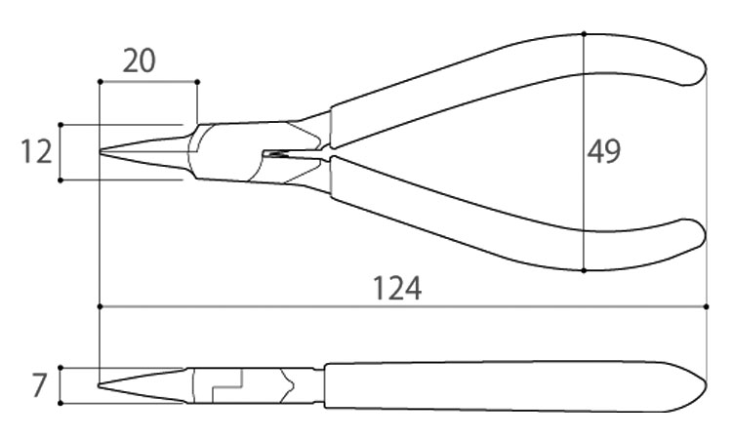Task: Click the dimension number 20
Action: coord(139,61)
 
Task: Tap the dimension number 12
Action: coord(36,152)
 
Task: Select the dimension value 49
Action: coord(603,151)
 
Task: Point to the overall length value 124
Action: coord(397,289)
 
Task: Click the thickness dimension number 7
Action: coord(40,385)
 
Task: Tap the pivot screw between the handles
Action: coord(275,153)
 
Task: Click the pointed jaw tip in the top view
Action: coord(102,151)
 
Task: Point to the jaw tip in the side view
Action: coord(100,385)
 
